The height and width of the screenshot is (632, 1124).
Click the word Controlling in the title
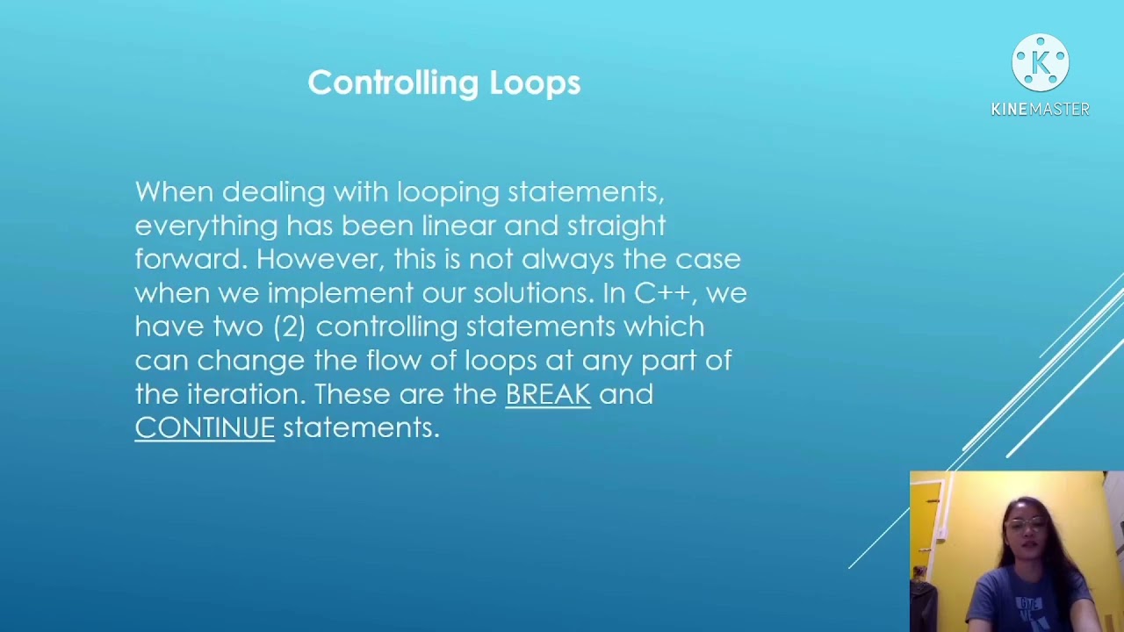[393, 83]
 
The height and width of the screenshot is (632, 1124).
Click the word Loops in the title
[535, 83]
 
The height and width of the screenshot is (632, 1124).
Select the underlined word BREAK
[548, 394]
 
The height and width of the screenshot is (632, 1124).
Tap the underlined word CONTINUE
[205, 427]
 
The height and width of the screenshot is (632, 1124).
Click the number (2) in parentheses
[289, 327]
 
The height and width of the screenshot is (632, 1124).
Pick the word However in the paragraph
[320, 259]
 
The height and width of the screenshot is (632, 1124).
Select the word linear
[458, 226]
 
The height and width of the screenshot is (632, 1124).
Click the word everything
[206, 226]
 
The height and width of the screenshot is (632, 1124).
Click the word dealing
[273, 192]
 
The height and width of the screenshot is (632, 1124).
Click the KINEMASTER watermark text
[1040, 109]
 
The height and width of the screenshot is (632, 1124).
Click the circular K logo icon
[1040, 63]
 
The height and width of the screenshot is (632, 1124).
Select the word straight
[616, 226]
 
